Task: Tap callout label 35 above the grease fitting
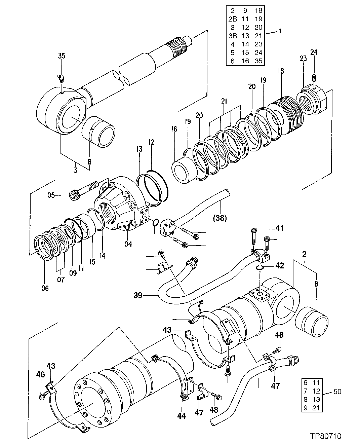62,56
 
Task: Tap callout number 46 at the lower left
40,374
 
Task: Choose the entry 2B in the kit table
233,19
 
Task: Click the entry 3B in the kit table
233,36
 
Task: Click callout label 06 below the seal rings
45,288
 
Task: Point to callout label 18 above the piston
281,71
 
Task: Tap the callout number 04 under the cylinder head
128,244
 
